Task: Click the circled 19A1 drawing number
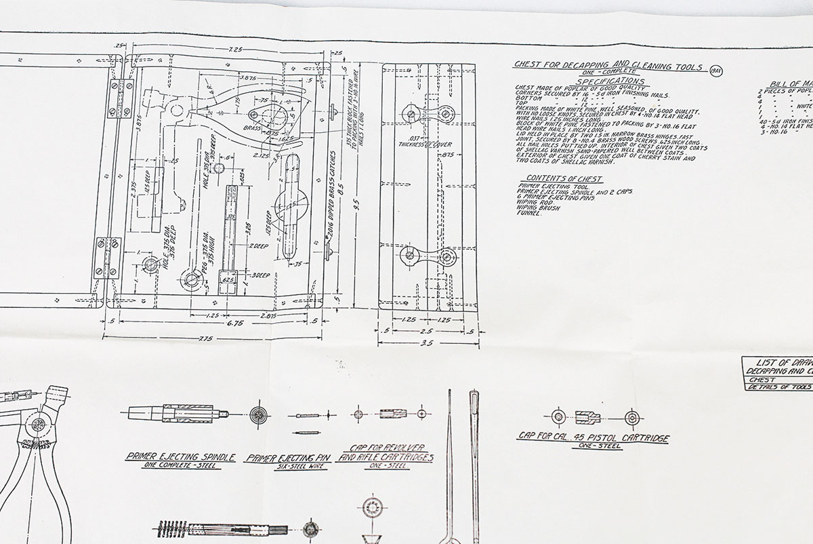tap(715, 71)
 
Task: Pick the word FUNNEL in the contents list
tap(531, 214)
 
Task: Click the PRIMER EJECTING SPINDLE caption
tap(181, 457)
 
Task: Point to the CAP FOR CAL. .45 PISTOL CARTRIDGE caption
tap(593, 438)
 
